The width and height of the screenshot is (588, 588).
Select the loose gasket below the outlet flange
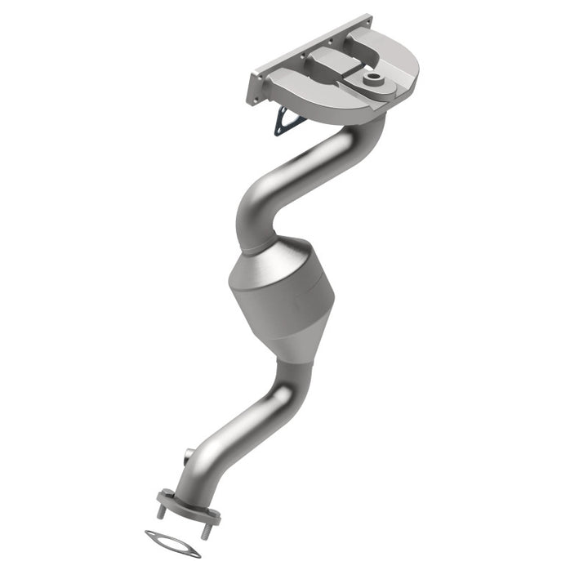pyautogui.click(x=172, y=544)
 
